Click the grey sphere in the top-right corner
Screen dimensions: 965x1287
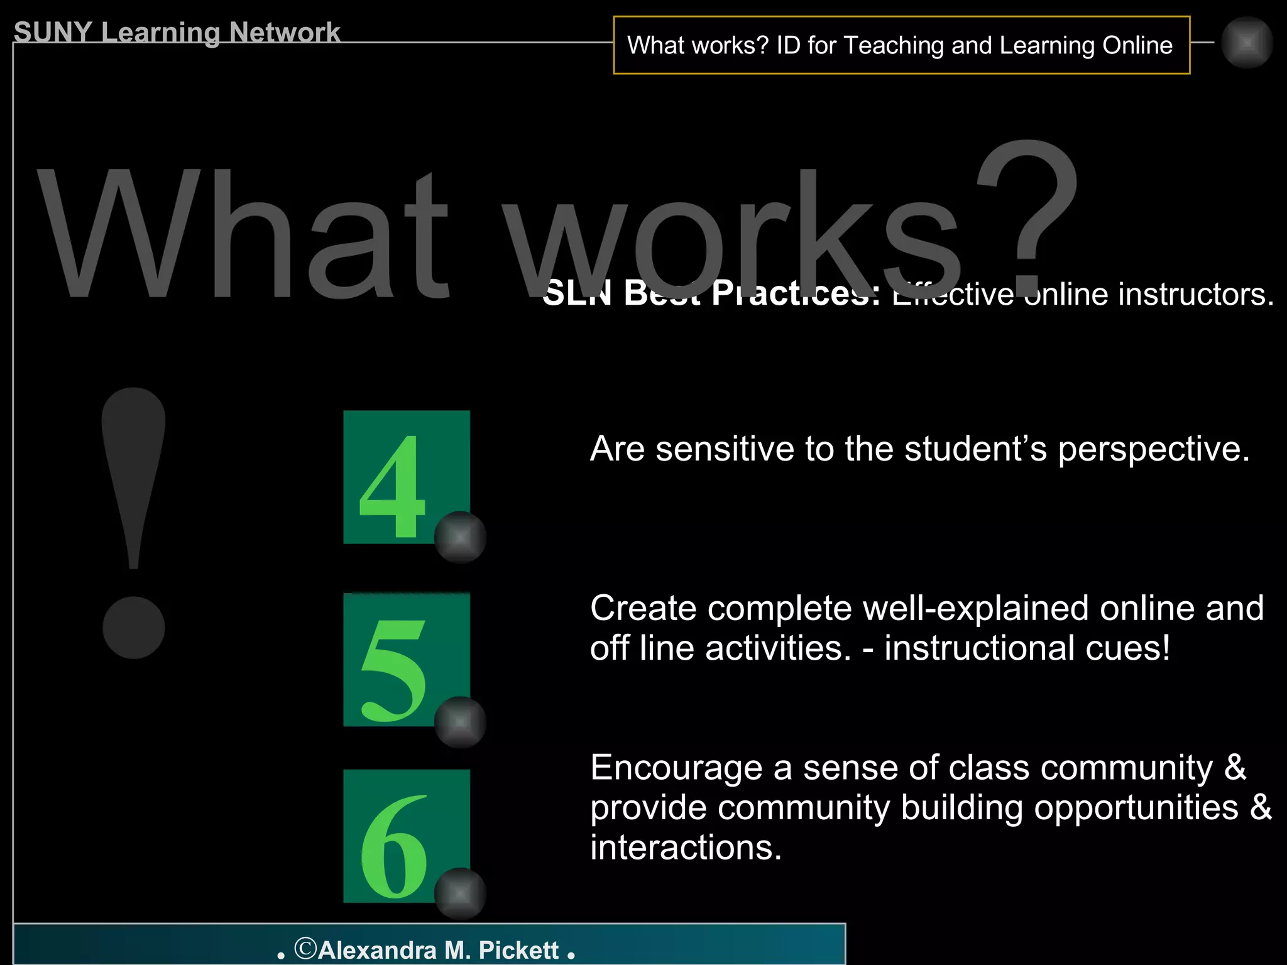click(1247, 43)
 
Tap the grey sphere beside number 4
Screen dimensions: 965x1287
click(460, 537)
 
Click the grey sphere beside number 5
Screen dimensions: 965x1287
click(460, 722)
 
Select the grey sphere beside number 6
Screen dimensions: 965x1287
click(460, 893)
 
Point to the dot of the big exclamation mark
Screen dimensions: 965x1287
click(133, 627)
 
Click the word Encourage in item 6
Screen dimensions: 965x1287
click(676, 768)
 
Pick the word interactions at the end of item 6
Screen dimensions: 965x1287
click(685, 848)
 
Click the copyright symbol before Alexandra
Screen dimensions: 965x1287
click(305, 948)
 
